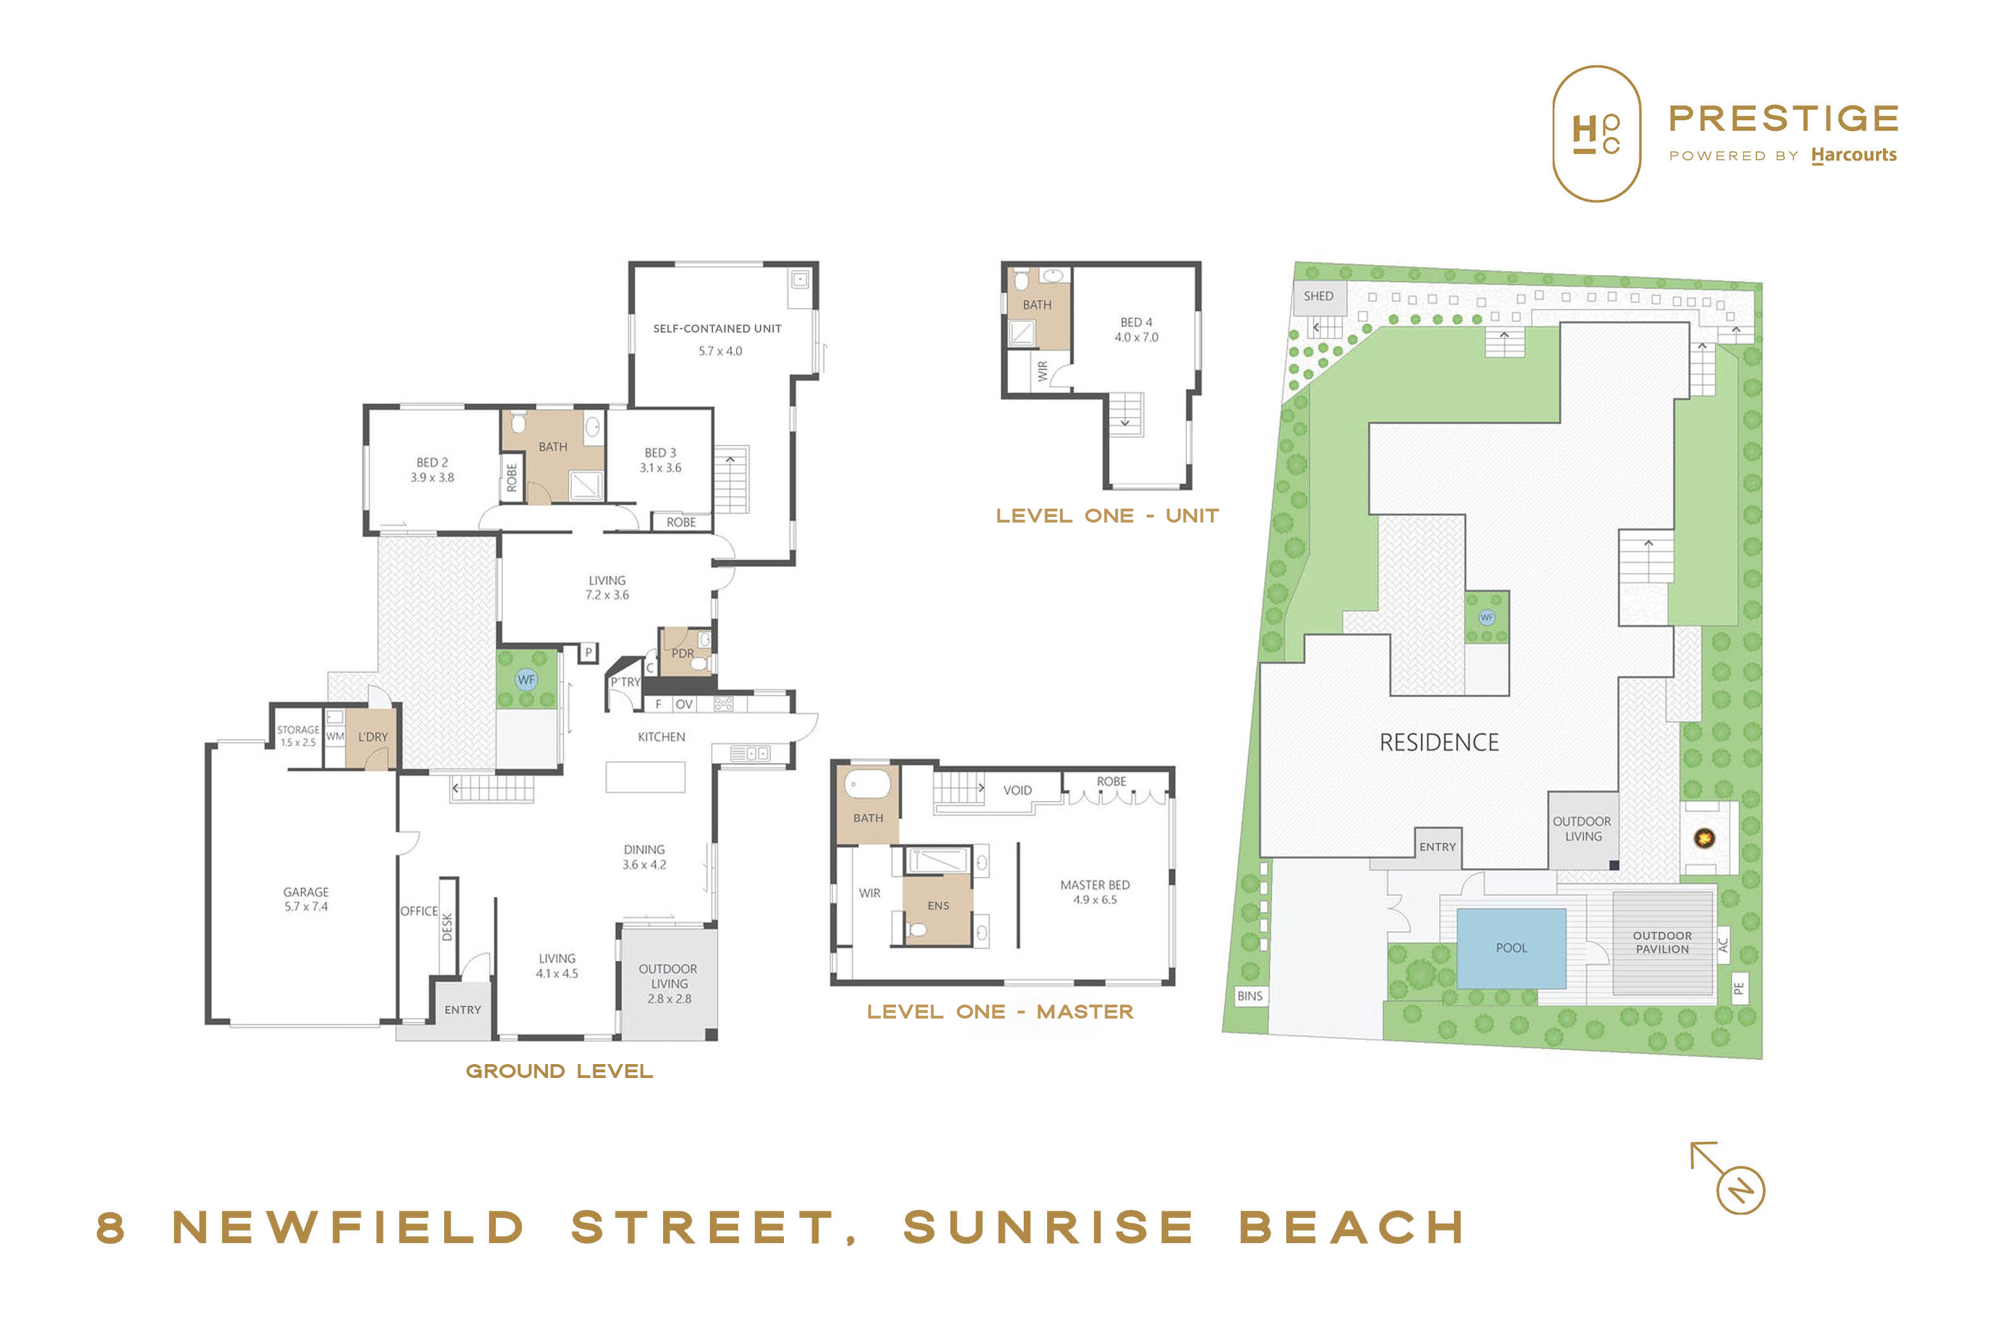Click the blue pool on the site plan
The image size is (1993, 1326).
(1510, 948)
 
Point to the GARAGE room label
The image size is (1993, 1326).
(306, 892)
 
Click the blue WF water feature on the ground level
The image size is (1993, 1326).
(526, 680)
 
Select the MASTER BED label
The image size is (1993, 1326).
(1095, 884)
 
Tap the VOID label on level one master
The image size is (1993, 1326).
(1017, 790)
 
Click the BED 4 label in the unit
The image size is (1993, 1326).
(1136, 322)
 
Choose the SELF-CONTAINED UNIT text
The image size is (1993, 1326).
(717, 328)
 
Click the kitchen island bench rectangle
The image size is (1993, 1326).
(645, 776)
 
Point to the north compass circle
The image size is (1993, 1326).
(1740, 1190)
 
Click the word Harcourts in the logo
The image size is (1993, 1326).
(1853, 155)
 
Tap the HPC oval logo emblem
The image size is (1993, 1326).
(1596, 133)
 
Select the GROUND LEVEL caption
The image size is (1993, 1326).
(559, 1072)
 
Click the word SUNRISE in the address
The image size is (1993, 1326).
(1048, 1227)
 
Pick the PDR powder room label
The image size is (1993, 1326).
(683, 654)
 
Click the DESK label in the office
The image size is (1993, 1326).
(447, 927)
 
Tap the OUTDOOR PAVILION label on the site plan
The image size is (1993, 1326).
(1661, 942)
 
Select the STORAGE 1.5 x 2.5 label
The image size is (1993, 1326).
(297, 736)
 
